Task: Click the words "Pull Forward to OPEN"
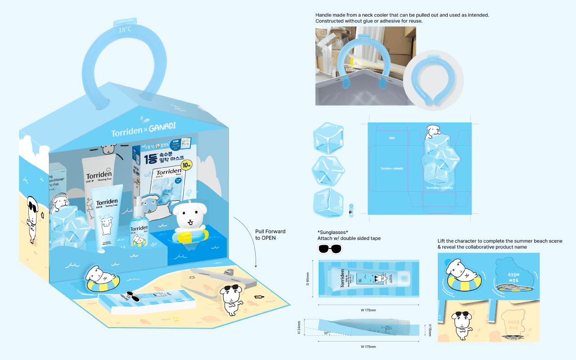[x=265, y=234]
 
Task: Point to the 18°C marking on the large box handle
[x=125, y=30]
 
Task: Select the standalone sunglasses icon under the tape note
[x=330, y=248]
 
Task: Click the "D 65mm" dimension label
[x=308, y=279]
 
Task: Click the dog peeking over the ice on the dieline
[x=433, y=131]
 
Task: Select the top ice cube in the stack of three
[x=328, y=137]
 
